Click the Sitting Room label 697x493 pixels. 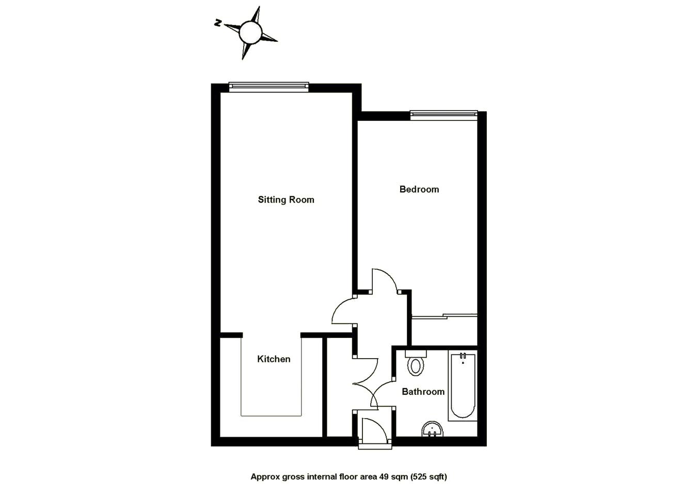[x=286, y=199]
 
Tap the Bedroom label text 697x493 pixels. [x=419, y=189]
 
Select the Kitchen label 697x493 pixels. [x=274, y=359]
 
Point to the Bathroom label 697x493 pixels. [x=423, y=391]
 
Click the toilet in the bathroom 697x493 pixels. [x=416, y=364]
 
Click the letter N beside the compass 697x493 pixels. [x=218, y=23]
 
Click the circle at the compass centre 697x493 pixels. [x=250, y=33]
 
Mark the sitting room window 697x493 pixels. [x=268, y=87]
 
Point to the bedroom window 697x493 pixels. [x=443, y=115]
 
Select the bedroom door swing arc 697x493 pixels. [x=385, y=279]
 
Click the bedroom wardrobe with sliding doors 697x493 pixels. [x=444, y=331]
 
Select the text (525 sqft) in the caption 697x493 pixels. [x=429, y=476]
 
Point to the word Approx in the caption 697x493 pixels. [x=265, y=476]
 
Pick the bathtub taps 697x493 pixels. [x=463, y=356]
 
